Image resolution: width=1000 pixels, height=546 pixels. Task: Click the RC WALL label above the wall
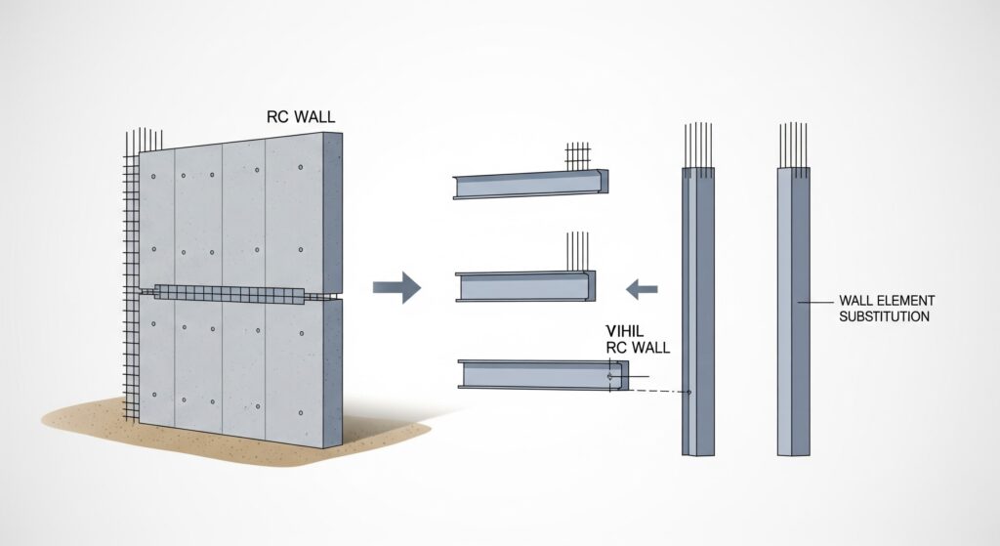[301, 117]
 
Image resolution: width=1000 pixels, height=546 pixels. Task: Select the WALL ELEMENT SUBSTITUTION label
[885, 308]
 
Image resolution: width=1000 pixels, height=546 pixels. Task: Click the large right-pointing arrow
[396, 287]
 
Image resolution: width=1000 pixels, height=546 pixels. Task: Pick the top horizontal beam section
[529, 185]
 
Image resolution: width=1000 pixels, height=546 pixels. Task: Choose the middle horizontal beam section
[525, 287]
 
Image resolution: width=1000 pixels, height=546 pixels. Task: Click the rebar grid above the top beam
[578, 155]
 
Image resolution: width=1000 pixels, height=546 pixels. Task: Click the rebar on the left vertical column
[698, 147]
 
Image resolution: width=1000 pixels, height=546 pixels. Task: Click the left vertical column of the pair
[697, 313]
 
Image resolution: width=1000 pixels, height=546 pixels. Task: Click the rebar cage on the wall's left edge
[131, 283]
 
